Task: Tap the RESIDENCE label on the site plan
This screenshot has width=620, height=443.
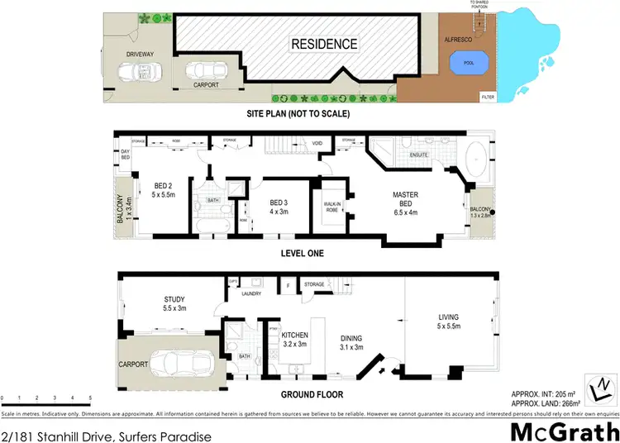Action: pyautogui.click(x=323, y=44)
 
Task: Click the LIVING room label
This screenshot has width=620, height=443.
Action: pyautogui.click(x=447, y=322)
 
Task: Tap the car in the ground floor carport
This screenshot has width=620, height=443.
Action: pyautogui.click(x=172, y=364)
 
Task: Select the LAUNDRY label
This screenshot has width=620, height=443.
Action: pyautogui.click(x=251, y=293)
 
